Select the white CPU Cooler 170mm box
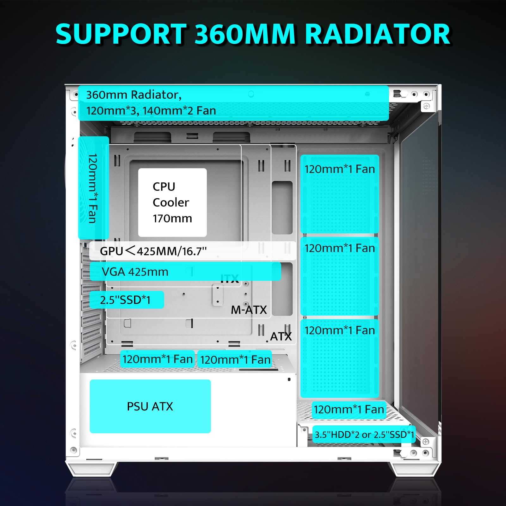point(172,202)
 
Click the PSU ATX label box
point(150,406)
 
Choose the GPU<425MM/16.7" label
point(153,251)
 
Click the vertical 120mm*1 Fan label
point(93,188)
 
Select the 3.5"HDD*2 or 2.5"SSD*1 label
point(364,435)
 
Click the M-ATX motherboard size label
point(249,310)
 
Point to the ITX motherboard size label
point(230,279)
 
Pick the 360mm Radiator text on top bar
point(134,95)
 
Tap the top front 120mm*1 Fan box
point(340,194)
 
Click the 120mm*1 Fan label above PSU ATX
point(157,359)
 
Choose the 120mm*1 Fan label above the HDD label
point(349,410)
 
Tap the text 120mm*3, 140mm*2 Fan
point(151,111)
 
